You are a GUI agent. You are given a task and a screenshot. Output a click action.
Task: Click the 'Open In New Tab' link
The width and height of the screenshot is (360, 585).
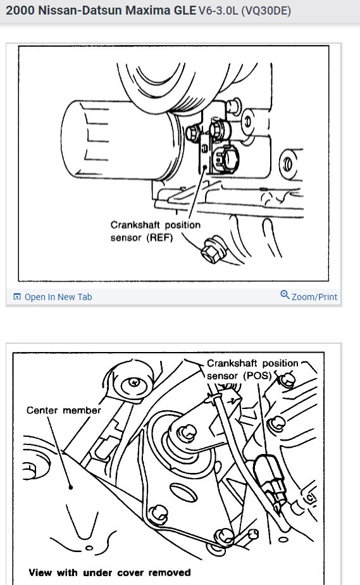point(58,297)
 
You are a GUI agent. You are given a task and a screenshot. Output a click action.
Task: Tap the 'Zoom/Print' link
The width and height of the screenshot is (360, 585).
point(314,297)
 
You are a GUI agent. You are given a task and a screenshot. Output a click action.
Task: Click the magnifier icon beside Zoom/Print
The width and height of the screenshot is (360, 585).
point(285,295)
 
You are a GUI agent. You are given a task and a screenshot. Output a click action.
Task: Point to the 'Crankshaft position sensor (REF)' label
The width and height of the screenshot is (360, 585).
point(156,231)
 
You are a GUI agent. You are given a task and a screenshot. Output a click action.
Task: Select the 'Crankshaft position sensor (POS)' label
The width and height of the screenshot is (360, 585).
point(252,369)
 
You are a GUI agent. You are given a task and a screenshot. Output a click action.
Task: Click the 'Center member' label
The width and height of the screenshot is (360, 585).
point(64,410)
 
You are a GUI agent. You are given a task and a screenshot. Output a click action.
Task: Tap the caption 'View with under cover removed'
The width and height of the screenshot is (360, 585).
point(109,573)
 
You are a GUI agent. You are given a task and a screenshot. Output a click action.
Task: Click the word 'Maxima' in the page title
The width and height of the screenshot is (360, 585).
point(147,10)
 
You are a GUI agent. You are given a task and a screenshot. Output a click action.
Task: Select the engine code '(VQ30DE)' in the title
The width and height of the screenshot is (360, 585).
point(266,11)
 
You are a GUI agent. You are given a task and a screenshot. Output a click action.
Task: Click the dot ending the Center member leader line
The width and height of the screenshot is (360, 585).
point(70,487)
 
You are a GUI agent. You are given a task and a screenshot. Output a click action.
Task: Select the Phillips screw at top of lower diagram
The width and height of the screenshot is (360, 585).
point(134,382)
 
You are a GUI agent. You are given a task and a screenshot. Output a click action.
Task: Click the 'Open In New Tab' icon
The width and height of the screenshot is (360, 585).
point(17,296)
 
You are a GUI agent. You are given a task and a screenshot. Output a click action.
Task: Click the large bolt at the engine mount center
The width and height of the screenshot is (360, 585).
point(187,434)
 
